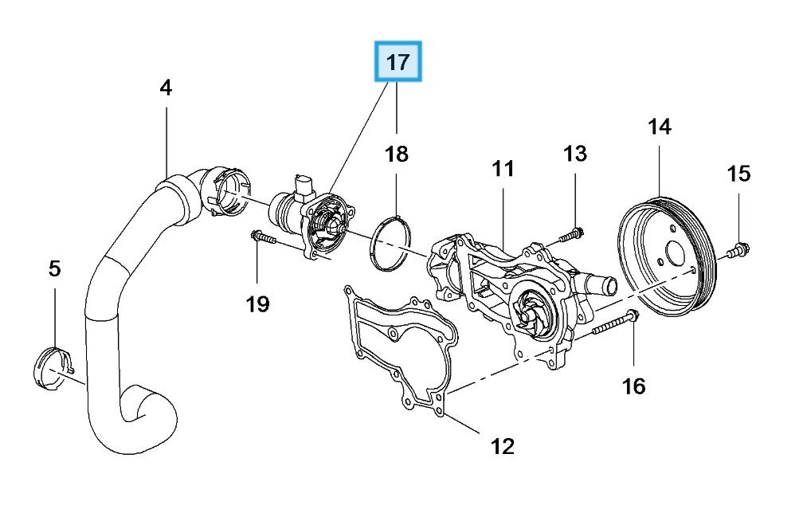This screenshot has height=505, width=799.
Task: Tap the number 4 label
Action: (165, 88)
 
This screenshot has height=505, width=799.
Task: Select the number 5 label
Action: (54, 268)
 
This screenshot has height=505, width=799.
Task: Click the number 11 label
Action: (503, 169)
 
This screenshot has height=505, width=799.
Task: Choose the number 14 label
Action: (660, 126)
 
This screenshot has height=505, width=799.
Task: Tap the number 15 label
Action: (738, 173)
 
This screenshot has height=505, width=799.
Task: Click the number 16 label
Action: (633, 386)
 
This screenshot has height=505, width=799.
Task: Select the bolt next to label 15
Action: (738, 252)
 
